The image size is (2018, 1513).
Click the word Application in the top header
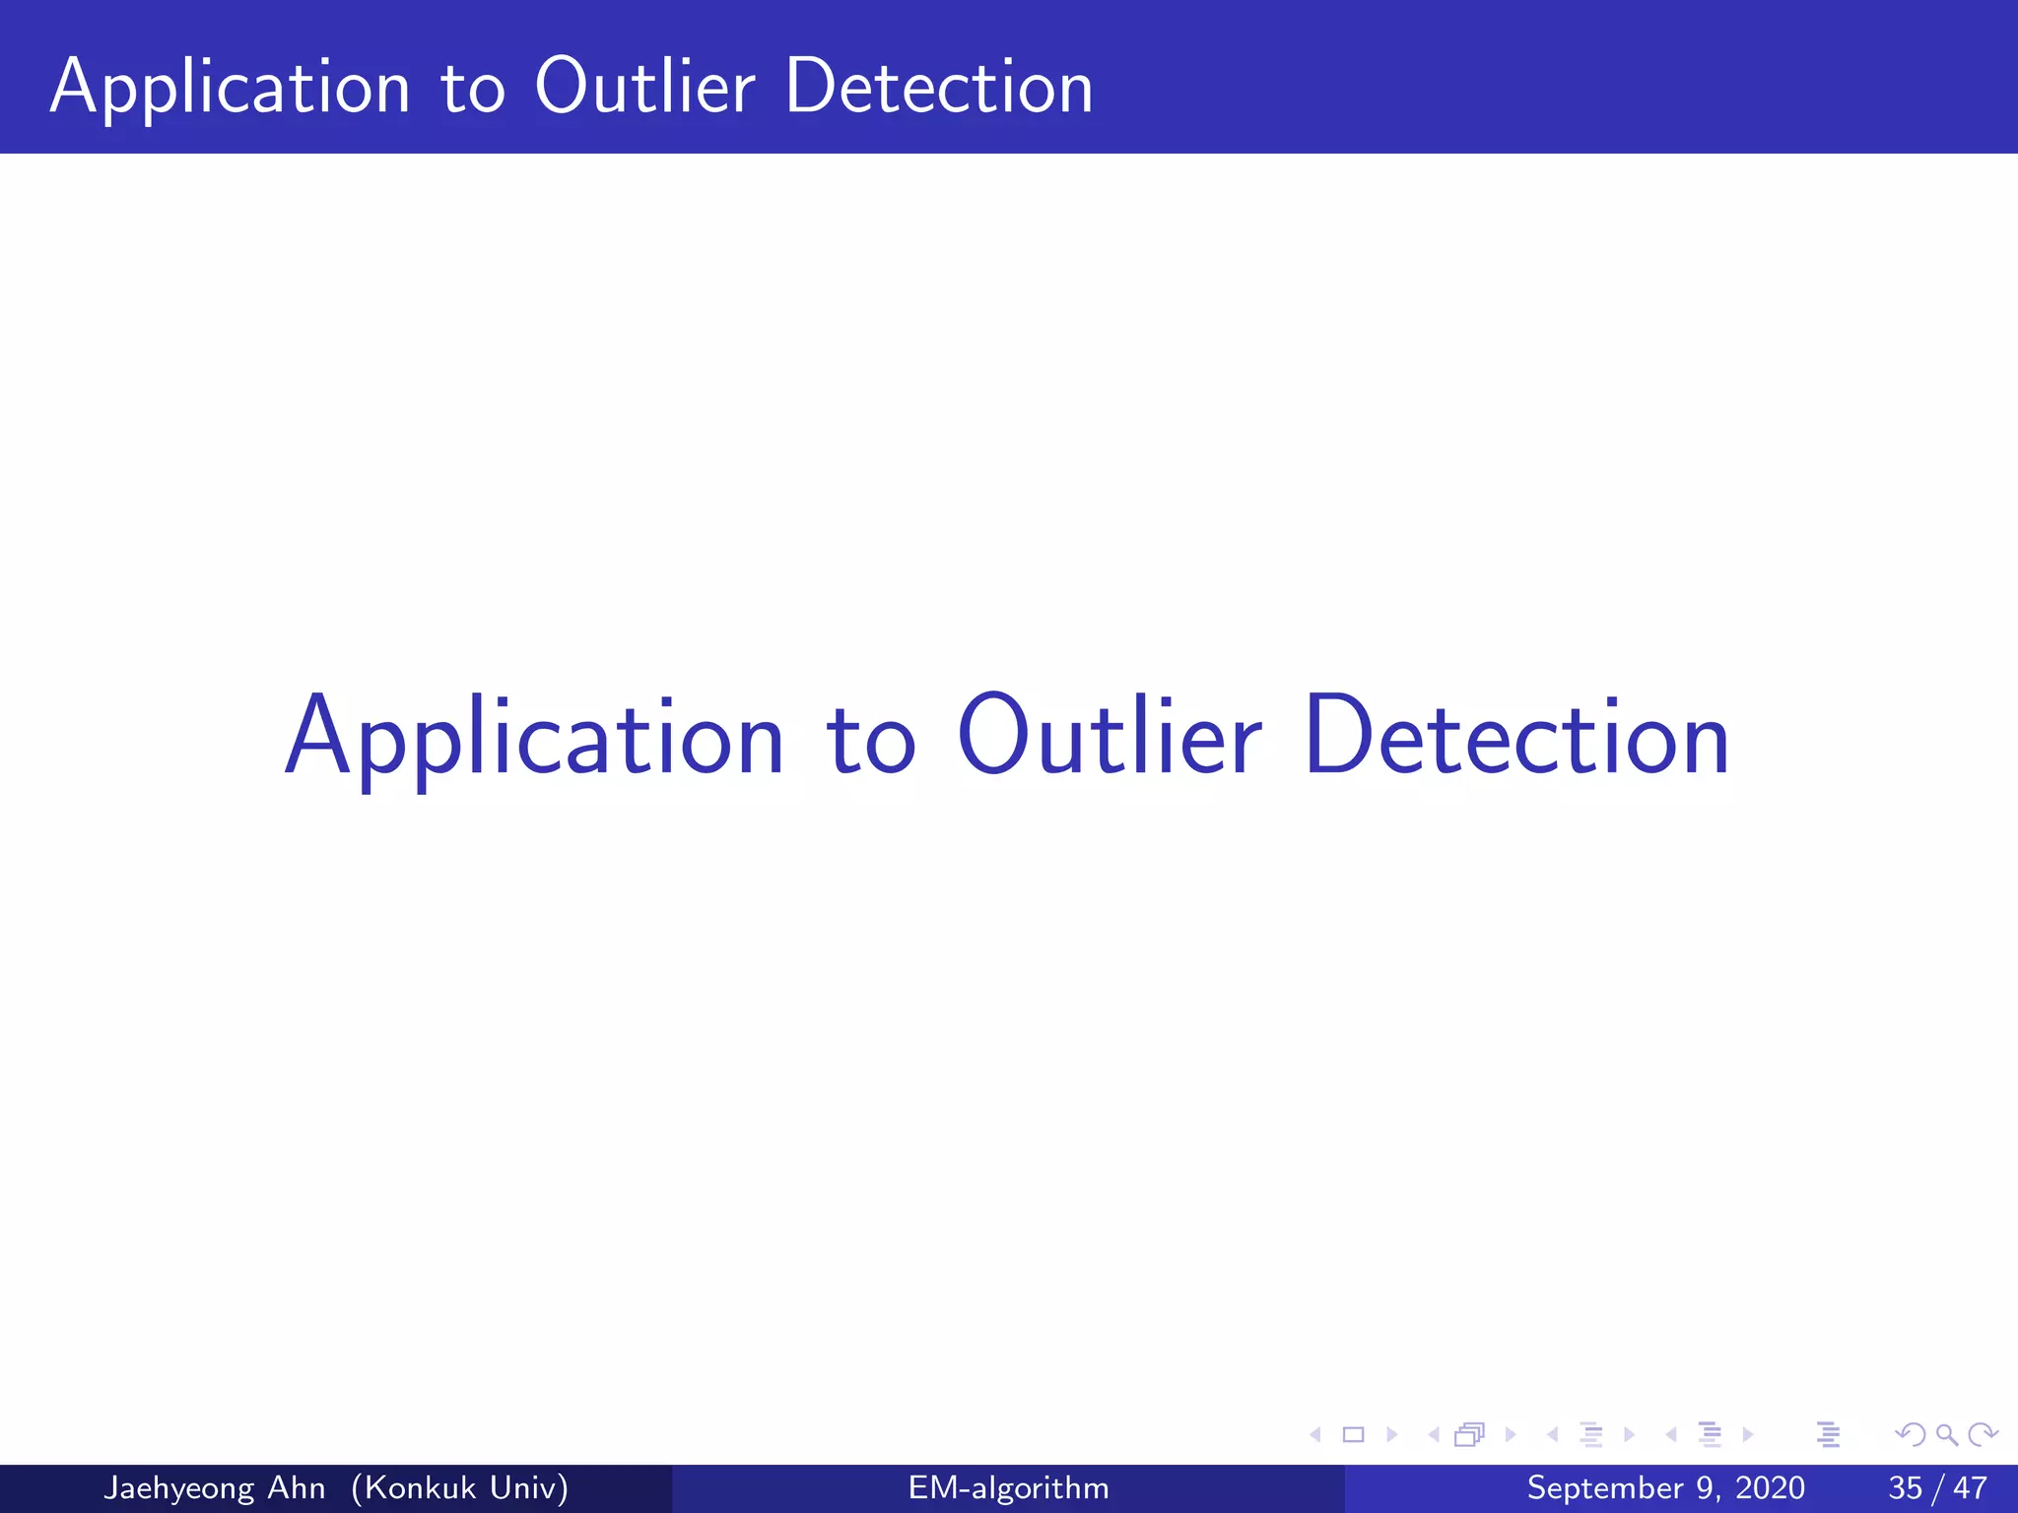point(230,89)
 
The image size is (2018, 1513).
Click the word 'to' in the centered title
point(870,743)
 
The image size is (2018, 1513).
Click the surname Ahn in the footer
point(297,1487)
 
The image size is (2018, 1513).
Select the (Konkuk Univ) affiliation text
point(459,1487)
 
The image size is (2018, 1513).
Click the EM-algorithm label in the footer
point(1008,1487)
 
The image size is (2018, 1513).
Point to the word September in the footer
point(1605,1487)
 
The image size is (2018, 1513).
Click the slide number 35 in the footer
point(1905,1487)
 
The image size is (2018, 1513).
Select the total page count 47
point(1970,1487)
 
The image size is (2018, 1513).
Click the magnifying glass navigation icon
point(1946,1435)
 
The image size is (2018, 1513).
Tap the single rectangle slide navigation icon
point(1354,1435)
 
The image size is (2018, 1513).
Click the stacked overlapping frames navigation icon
point(1469,1435)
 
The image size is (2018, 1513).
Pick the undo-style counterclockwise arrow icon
point(1911,1435)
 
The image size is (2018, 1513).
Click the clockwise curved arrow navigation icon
point(1983,1435)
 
